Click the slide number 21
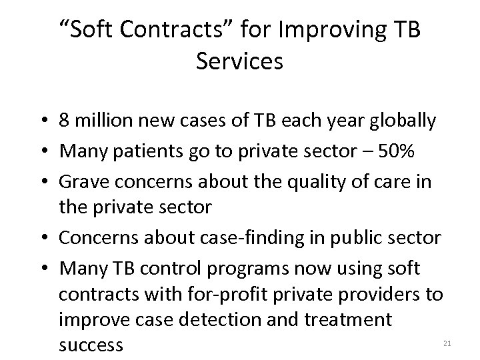pyautogui.click(x=447, y=343)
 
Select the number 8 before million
pyautogui.click(x=65, y=121)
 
